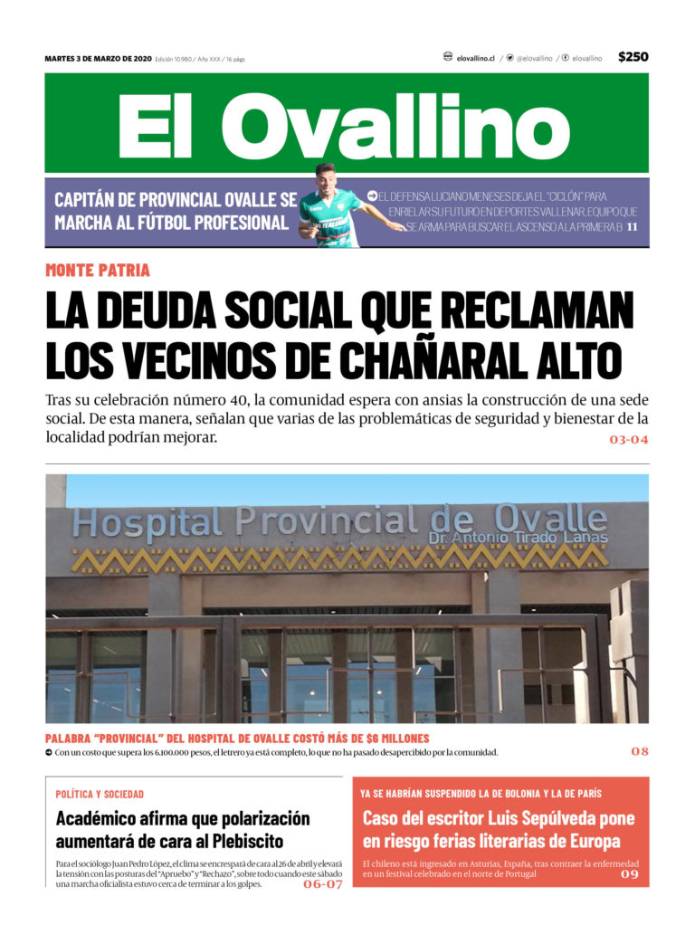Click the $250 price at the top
pyautogui.click(x=633, y=57)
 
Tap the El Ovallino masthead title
pyautogui.click(x=345, y=127)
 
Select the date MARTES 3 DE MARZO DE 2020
pyautogui.click(x=98, y=59)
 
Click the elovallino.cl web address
pyautogui.click(x=475, y=58)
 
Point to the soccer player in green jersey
pyautogui.click(x=331, y=207)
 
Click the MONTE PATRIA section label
pyautogui.click(x=98, y=270)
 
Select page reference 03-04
pyautogui.click(x=628, y=440)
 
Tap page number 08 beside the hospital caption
pyautogui.click(x=640, y=751)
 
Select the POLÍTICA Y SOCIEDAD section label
pyautogui.click(x=100, y=794)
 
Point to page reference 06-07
pyautogui.click(x=323, y=884)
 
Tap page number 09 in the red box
pyautogui.click(x=629, y=874)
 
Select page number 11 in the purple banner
pyautogui.click(x=633, y=226)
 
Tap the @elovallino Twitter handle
pyautogui.click(x=534, y=58)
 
